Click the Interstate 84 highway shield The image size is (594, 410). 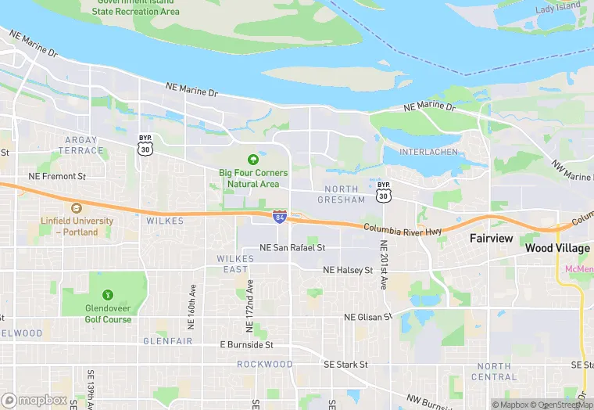[279, 217]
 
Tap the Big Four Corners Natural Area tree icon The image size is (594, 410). [252, 159]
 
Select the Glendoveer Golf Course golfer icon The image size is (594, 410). [107, 295]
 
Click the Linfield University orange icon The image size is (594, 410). [76, 208]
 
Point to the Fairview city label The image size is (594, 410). [491, 237]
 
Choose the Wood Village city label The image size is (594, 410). [557, 248]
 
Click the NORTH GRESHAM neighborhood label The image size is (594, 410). [342, 194]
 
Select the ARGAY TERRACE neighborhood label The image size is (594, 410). [80, 145]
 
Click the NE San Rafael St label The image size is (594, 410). [292, 248]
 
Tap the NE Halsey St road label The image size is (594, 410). [348, 270]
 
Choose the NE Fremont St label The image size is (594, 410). [57, 176]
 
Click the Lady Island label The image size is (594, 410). [557, 7]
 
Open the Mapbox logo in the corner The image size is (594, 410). [34, 400]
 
